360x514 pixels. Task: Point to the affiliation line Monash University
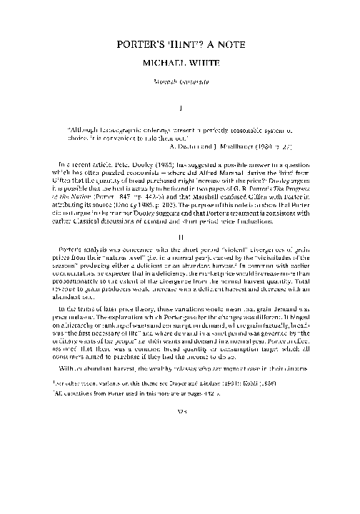[179, 83]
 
